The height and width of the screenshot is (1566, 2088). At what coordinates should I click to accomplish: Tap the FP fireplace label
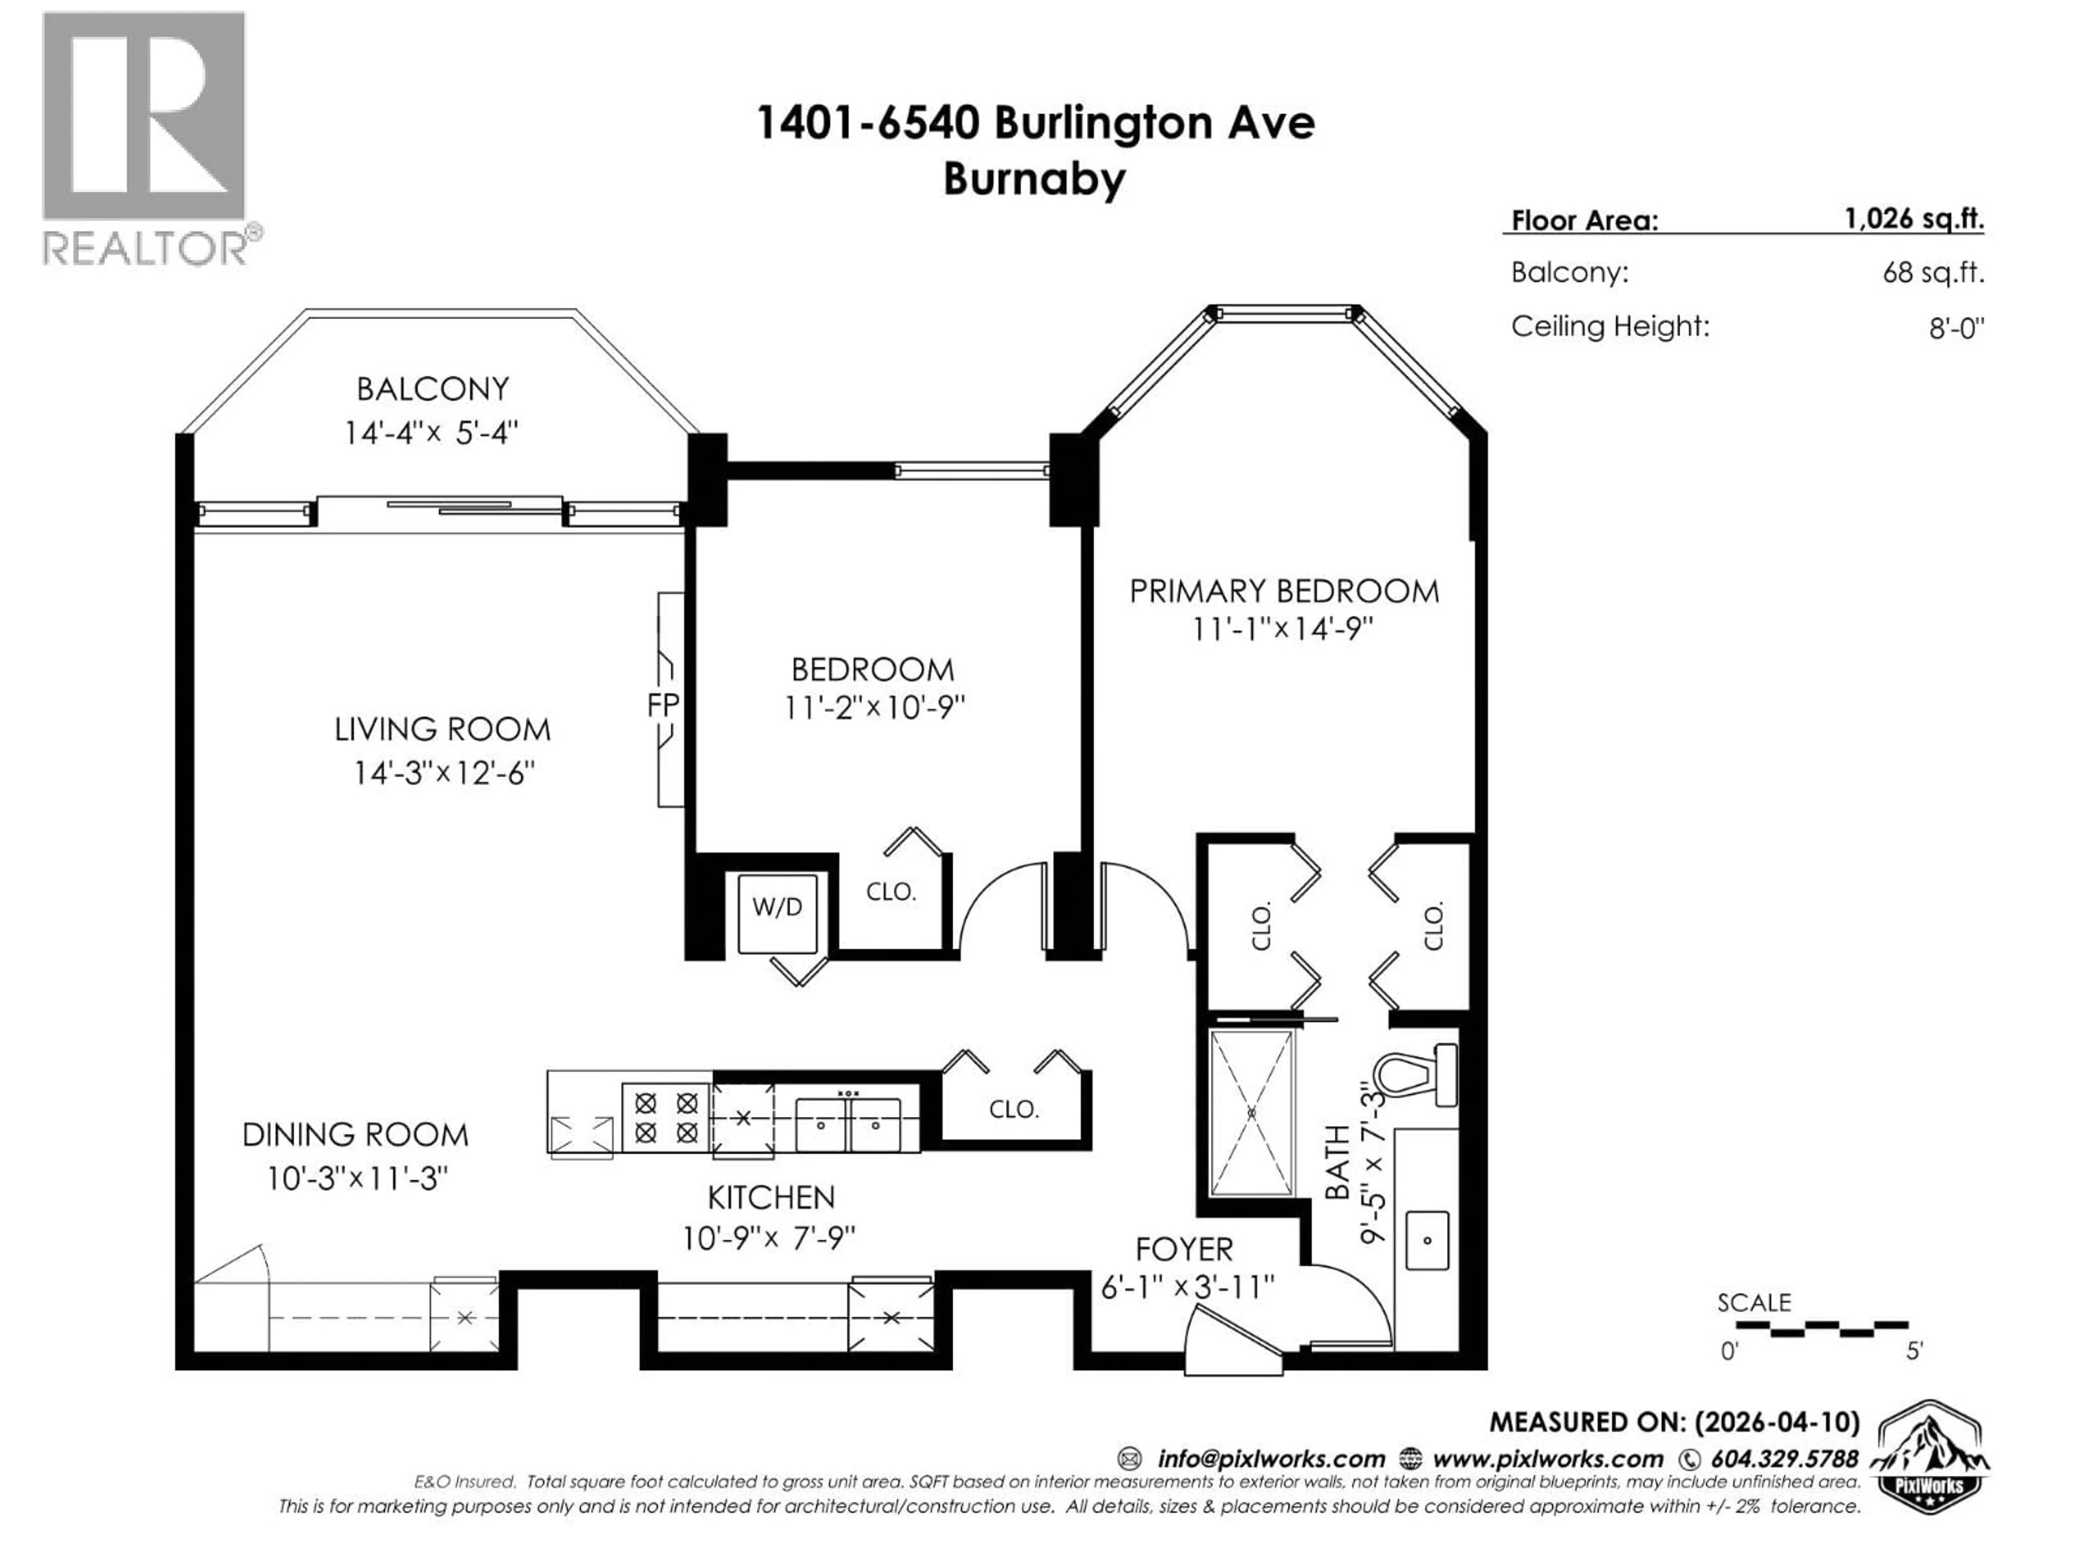click(x=663, y=705)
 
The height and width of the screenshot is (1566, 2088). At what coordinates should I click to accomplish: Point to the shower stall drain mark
click(x=1252, y=1114)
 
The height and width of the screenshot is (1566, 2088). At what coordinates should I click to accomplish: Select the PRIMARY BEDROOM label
click(x=1284, y=592)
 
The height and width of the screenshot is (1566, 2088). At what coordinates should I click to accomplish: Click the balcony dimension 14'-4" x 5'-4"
click(x=431, y=433)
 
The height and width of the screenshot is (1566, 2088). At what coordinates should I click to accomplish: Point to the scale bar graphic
click(x=1822, y=1328)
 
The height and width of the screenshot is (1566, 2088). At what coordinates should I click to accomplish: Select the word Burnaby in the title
click(x=1035, y=179)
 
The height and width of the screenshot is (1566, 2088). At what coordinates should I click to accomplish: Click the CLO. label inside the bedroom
click(x=890, y=892)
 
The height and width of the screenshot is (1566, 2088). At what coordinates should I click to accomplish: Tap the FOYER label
click(x=1184, y=1250)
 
